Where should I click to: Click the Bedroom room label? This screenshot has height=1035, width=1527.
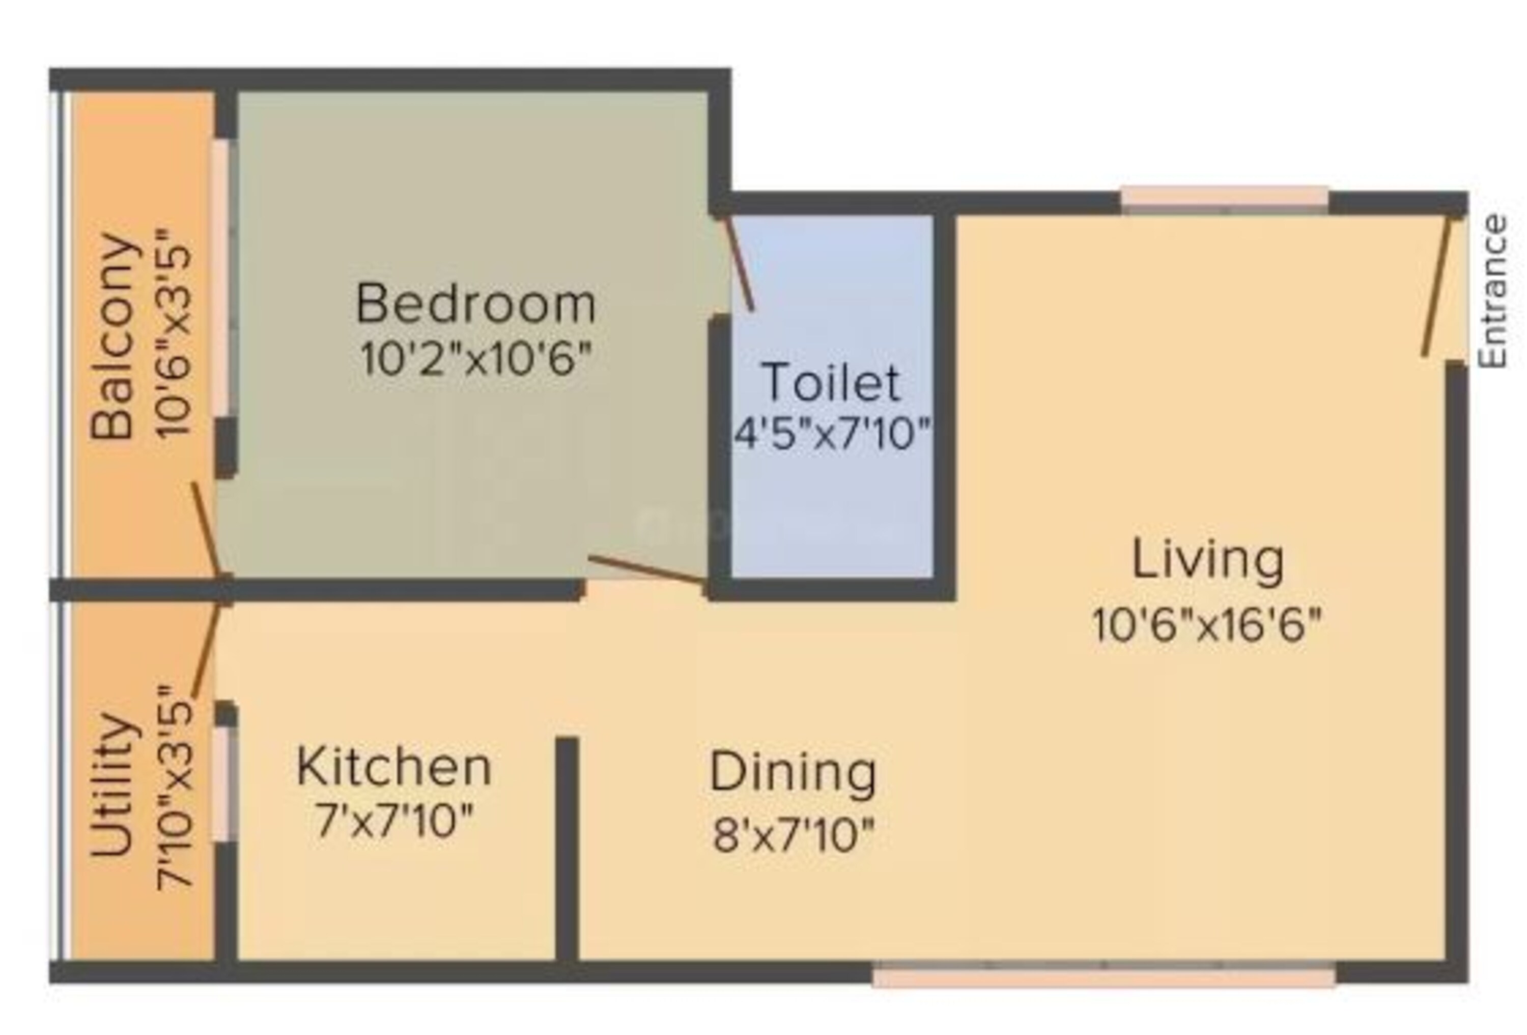point(476,303)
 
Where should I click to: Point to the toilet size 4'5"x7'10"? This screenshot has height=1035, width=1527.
point(832,433)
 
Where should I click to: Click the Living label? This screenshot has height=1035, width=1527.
point(1207,560)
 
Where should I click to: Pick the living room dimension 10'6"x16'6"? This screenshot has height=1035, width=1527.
point(1206,624)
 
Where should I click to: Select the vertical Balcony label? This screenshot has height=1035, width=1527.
point(114,336)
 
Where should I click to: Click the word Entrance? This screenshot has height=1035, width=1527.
point(1491,291)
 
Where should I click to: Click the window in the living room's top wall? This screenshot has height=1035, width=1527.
point(1225,199)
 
